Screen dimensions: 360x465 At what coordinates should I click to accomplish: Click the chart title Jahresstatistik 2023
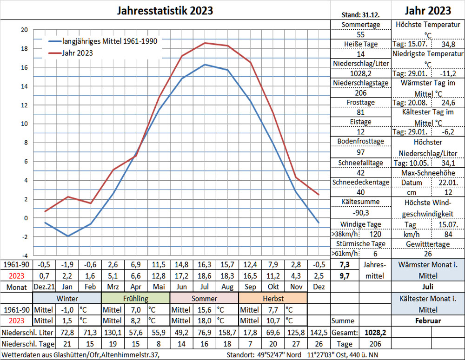click(165, 11)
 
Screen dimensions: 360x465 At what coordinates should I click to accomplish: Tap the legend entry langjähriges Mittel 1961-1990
click(110, 41)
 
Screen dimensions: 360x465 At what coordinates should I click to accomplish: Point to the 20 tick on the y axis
click(24, 30)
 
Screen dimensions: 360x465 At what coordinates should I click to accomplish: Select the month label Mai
click(159, 287)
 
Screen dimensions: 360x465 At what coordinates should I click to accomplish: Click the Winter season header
click(67, 298)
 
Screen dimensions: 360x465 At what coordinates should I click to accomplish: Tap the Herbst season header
click(273, 298)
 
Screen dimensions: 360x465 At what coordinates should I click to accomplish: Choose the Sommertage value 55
click(360, 35)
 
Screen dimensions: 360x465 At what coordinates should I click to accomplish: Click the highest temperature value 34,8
click(448, 45)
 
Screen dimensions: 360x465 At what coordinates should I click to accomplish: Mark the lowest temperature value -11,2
click(448, 73)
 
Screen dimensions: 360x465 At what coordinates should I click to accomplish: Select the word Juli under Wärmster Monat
click(428, 287)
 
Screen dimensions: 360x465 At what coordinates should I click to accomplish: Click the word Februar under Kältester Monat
click(428, 321)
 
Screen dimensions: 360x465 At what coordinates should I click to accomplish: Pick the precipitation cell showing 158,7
click(227, 333)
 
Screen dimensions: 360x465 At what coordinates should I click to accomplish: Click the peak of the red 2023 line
click(205, 43)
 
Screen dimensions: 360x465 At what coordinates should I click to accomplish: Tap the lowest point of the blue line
click(68, 236)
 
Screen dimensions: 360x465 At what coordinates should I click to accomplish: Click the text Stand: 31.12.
click(360, 14)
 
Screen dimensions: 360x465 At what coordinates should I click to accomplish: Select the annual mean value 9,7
click(345, 275)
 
